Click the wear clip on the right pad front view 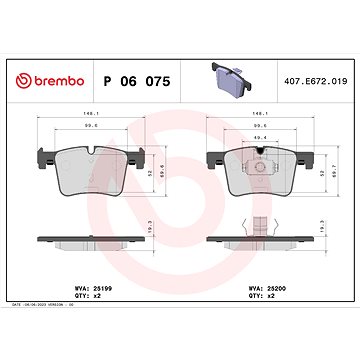(x=262, y=153)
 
